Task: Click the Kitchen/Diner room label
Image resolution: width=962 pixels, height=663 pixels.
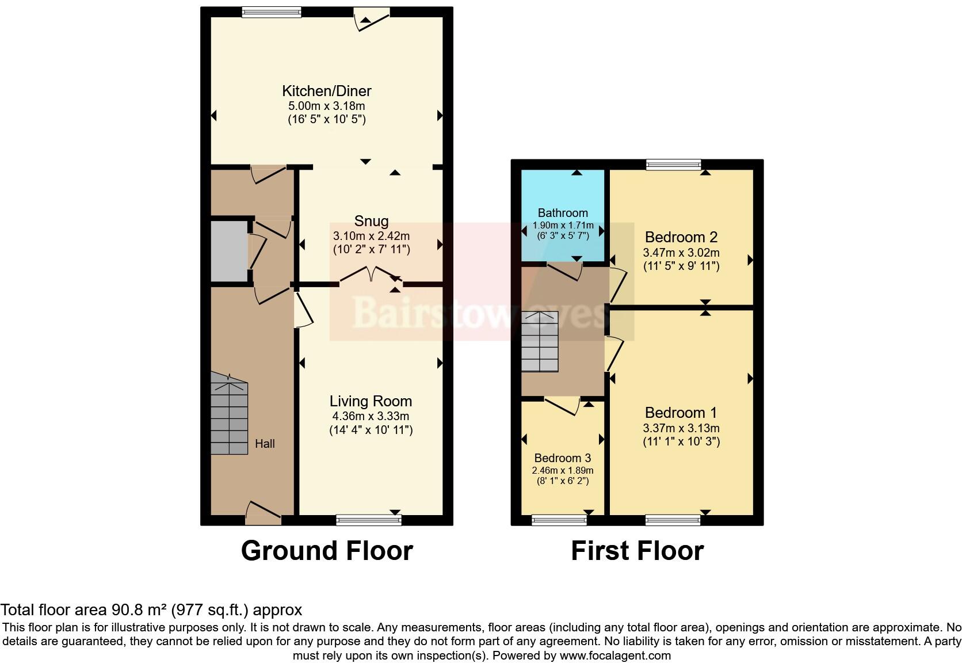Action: pos(326,91)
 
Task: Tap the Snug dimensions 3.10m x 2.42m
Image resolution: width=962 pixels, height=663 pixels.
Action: pos(371,236)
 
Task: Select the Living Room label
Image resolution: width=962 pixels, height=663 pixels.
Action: pos(371,401)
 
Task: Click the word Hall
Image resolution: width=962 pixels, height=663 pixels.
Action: pos(265,444)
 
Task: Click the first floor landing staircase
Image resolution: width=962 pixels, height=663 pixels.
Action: pos(540,342)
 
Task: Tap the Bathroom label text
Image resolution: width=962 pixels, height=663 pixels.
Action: pos(563,213)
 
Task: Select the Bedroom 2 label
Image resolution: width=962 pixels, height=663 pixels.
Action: pos(681,237)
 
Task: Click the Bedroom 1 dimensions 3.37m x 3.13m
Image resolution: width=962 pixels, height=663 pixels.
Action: pos(681,428)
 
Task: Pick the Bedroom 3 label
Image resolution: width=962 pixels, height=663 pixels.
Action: pos(562,458)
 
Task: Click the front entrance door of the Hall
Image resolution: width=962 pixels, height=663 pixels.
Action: pos(264,514)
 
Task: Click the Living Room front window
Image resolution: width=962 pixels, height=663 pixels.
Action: pos(368,520)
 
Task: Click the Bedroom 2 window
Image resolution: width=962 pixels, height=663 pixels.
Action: pos(674,165)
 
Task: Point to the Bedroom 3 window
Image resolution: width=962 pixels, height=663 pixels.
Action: pos(559,520)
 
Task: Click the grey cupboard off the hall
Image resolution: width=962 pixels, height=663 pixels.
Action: pos(228,251)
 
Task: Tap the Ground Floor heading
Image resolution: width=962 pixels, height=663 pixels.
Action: pos(327,551)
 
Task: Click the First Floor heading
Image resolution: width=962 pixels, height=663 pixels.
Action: pos(637,551)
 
